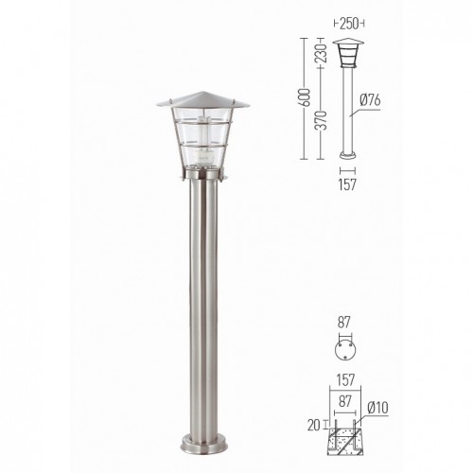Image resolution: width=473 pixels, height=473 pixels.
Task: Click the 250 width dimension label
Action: coord(349,24)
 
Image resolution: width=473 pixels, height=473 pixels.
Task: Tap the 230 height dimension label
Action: coord(322,53)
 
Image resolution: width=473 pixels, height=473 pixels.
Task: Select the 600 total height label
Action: coord(305,97)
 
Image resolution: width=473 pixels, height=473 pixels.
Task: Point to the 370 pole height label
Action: coord(322,120)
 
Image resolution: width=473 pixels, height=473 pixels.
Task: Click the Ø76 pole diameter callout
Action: coord(370,100)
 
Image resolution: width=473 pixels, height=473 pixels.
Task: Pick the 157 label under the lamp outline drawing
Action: coord(347,184)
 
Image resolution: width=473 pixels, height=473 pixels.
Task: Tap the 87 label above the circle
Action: coord(344,323)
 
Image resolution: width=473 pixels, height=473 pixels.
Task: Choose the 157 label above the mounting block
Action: coord(345,380)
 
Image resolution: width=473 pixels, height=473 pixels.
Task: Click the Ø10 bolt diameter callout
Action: coord(377,408)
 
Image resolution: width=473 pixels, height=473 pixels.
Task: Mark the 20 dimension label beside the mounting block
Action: coord(313,426)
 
